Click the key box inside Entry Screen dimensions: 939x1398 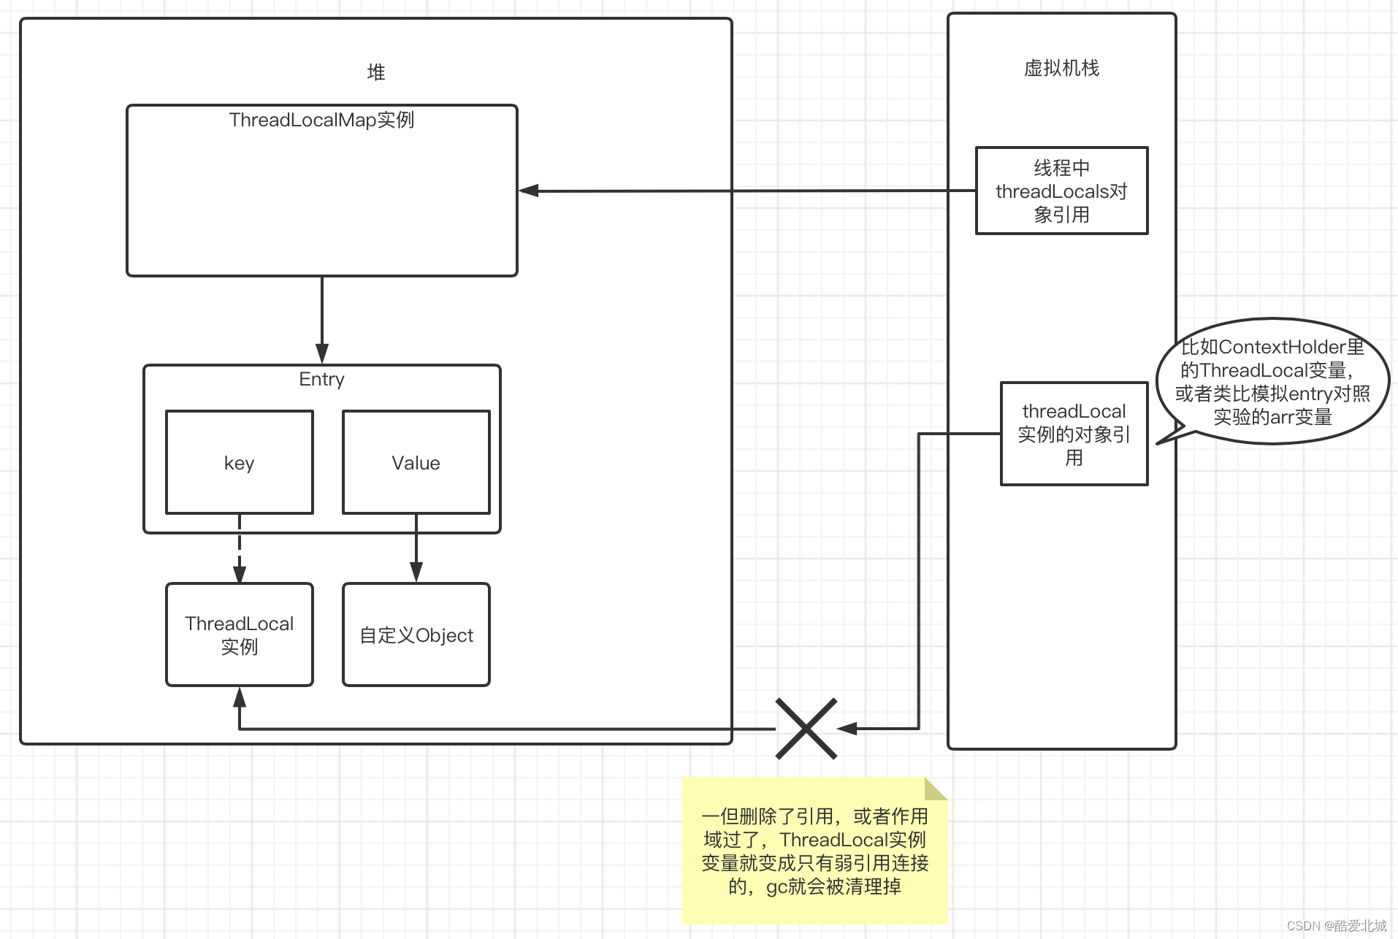[240, 462]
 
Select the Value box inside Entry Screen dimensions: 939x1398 [416, 462]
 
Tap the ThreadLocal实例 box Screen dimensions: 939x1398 [240, 635]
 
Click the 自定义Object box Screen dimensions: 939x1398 [416, 635]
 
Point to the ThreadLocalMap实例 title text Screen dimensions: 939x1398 [321, 120]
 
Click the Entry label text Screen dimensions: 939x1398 [321, 379]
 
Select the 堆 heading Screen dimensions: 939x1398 [375, 72]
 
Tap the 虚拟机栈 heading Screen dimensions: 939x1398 [1061, 68]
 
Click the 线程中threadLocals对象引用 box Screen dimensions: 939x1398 [1061, 191]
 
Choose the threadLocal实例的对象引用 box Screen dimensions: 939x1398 [1074, 434]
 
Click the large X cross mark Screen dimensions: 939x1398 [806, 728]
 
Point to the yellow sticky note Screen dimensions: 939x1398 [814, 851]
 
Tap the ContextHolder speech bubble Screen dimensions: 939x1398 [1272, 381]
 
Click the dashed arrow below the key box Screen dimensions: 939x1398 [240, 548]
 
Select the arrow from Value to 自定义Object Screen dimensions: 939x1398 [416, 548]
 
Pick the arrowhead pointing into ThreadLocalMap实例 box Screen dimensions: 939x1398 [528, 191]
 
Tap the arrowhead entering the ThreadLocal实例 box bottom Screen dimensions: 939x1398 [240, 697]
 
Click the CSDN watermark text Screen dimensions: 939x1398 [1336, 926]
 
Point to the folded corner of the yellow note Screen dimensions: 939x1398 [935, 788]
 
